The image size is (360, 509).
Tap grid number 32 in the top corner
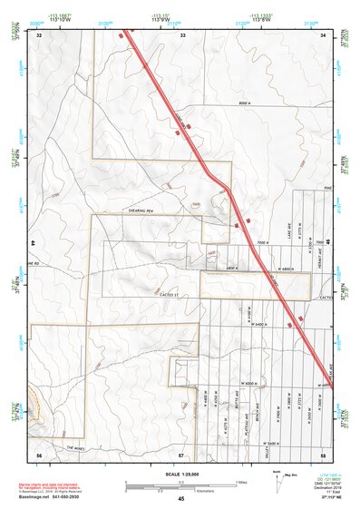pos(39,35)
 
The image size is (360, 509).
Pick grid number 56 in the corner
pos(39,452)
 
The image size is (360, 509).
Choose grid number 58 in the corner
pos(324,452)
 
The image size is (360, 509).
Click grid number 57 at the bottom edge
pos(181,452)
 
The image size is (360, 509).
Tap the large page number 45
pos(181,499)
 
